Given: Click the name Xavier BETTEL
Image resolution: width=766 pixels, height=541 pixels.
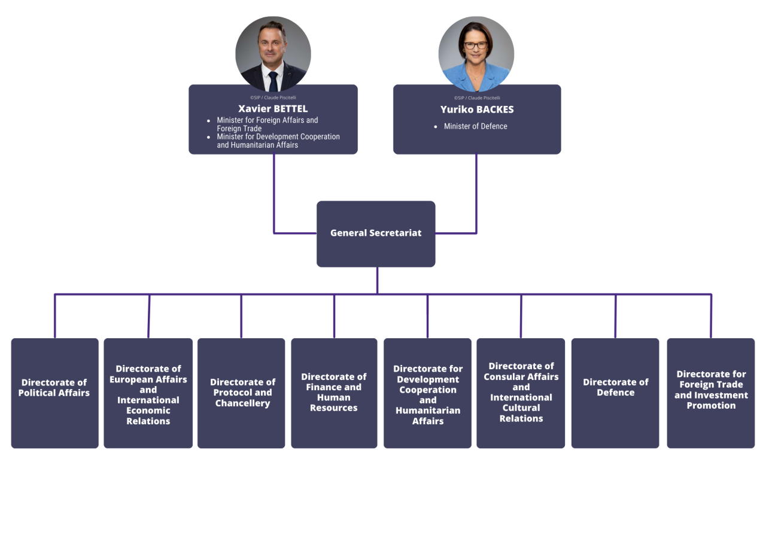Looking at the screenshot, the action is coord(273,109).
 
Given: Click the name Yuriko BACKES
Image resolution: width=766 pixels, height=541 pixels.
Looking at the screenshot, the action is coord(477,110).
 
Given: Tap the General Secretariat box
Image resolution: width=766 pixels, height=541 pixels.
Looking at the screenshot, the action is coord(376,234).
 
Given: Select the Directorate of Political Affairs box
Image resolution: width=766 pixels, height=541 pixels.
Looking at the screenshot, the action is coord(54,393).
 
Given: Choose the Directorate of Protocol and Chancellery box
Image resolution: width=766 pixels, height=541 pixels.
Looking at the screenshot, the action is coord(241,393).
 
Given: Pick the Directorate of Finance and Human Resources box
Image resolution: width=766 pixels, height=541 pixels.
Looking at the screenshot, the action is coord(334,393).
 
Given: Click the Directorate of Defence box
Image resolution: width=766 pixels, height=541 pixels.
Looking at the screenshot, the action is coord(615,393).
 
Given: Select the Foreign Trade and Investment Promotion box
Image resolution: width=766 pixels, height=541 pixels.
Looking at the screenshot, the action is coord(710,393).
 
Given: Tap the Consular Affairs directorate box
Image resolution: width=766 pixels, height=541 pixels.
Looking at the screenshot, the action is coord(521,393).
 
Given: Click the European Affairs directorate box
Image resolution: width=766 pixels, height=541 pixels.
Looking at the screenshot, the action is coord(148,393).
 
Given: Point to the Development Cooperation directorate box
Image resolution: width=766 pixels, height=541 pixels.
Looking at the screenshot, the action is coord(427,393).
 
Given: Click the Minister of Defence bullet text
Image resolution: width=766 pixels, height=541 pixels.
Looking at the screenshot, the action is coord(475,126).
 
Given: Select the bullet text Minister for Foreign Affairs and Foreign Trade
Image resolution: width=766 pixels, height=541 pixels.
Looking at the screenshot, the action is coord(268,124).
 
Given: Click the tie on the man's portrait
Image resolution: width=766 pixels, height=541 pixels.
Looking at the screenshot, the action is coord(273,81).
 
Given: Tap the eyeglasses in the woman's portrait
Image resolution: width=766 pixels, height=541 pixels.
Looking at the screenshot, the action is coord(475,45).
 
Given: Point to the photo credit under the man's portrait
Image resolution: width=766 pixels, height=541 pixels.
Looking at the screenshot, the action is coord(273,98).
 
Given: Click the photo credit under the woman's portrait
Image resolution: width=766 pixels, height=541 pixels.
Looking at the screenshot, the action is coord(477,98).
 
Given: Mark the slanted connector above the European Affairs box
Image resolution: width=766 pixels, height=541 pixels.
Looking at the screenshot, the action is coord(149,317).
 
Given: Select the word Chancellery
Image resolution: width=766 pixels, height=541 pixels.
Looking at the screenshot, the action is coord(242,403).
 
